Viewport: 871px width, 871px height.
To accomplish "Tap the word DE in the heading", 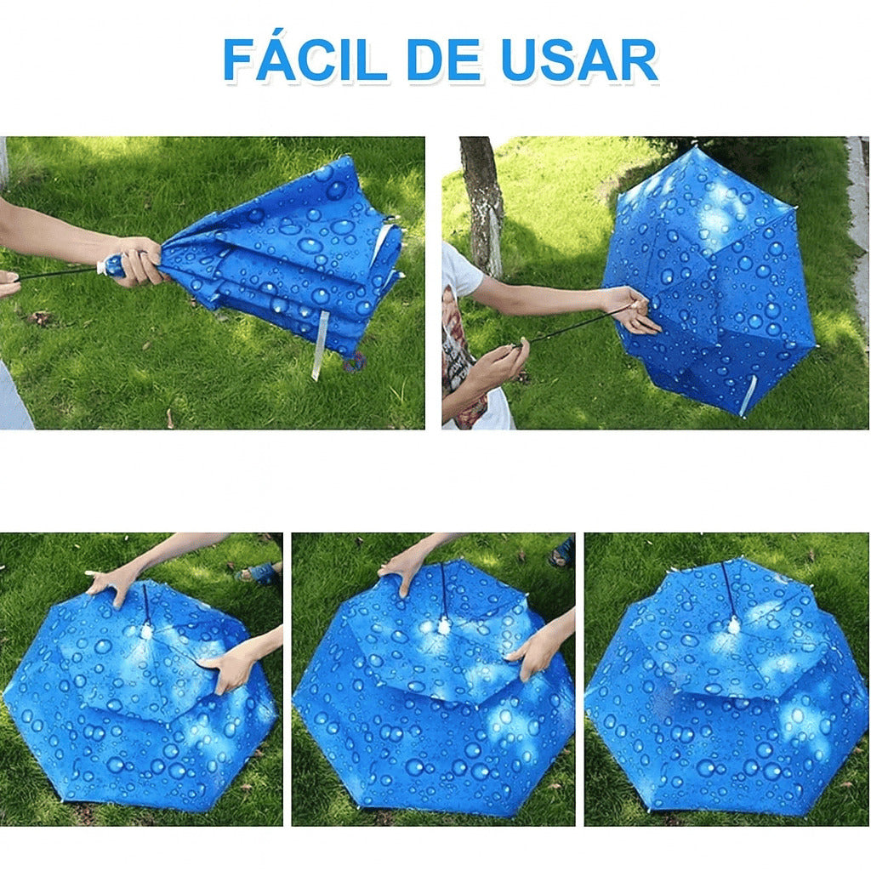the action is click(444, 60).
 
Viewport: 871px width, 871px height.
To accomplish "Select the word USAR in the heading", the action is click(579, 60).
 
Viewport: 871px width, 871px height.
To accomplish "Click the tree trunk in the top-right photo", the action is click(482, 206).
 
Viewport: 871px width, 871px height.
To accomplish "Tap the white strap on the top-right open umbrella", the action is click(748, 396).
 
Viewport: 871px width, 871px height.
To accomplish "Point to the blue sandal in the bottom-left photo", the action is click(259, 572).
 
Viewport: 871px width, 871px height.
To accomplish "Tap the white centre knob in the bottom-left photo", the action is click(146, 630).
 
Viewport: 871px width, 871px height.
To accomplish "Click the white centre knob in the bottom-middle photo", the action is click(443, 626).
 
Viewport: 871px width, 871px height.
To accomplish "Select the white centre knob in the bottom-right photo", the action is click(734, 625).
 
